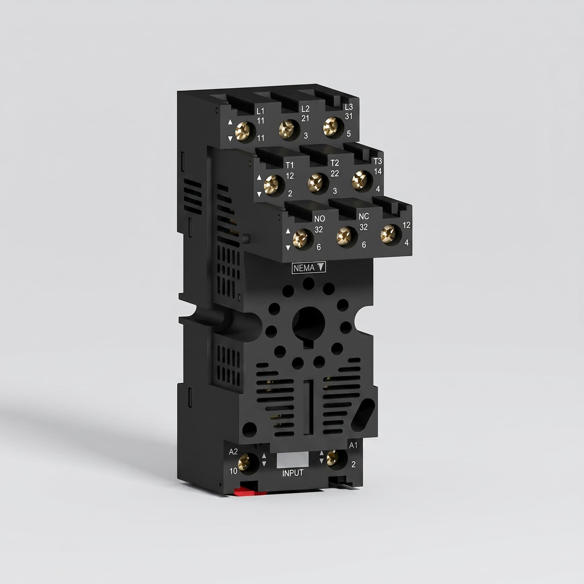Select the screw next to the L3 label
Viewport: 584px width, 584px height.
tap(331, 127)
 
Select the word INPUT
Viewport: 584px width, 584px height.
tap(293, 473)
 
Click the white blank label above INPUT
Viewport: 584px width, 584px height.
tap(293, 459)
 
